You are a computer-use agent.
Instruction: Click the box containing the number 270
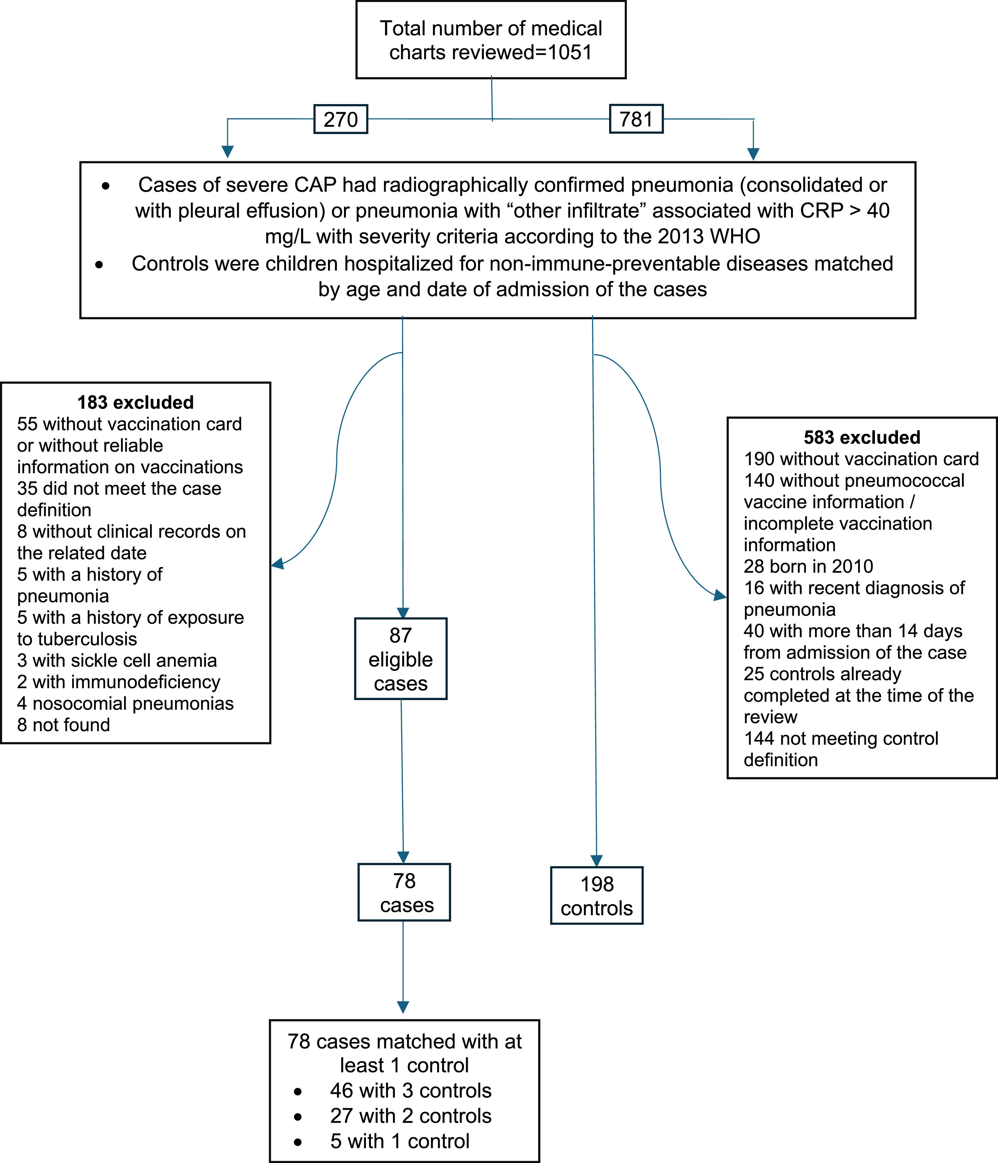340,119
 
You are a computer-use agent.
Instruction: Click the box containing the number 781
636,119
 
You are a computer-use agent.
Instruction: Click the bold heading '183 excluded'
135,402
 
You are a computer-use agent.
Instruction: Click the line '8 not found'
64,725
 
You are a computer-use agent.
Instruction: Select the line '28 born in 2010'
808,566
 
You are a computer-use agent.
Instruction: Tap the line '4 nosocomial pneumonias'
125,703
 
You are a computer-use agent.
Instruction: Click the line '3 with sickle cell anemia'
117,660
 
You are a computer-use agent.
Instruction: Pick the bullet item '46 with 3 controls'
410,1090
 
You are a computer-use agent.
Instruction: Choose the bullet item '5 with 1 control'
400,1141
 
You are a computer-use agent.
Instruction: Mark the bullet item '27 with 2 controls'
410,1116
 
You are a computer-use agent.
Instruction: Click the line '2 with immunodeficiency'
118,682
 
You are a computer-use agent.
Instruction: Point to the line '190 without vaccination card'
861,459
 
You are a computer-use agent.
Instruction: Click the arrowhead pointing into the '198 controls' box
596,860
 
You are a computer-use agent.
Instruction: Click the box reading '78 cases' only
404,893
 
